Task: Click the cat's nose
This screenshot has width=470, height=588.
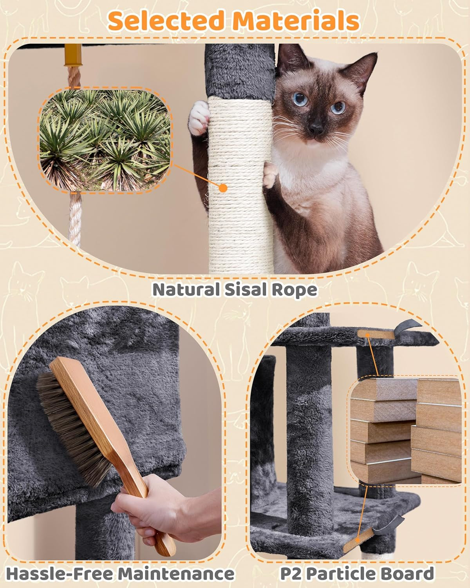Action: point(316,128)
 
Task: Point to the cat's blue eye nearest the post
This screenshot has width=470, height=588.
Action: point(300,99)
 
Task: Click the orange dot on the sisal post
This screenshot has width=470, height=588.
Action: point(223,188)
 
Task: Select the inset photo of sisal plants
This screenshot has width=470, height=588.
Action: point(105,140)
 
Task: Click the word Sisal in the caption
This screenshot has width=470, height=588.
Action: point(244,290)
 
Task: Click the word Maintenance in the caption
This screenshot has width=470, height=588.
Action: point(176,574)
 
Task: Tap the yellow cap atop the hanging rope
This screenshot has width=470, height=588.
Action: point(73,56)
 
